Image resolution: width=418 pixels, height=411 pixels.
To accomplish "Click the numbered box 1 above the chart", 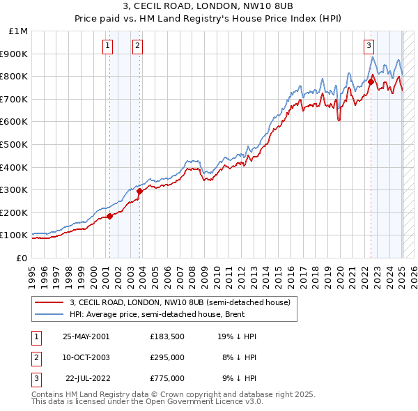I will click(109, 47).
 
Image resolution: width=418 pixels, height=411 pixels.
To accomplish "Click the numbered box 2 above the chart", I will click(138, 47).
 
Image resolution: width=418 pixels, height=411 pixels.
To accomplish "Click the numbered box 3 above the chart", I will click(368, 47).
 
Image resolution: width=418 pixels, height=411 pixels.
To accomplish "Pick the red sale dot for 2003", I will click(139, 191).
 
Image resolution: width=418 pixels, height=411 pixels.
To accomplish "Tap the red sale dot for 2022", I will click(371, 82).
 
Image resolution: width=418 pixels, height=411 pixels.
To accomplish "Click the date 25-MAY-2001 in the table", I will click(86, 336).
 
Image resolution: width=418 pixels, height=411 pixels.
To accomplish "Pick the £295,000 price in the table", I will click(167, 357).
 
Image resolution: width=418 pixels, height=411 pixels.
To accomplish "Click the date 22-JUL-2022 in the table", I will click(86, 378).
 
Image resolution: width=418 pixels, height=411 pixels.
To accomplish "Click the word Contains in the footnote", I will click(48, 394).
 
